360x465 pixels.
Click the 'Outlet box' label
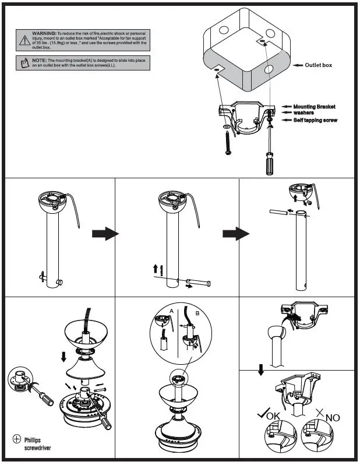[x=318, y=65]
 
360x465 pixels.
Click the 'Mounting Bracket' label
[x=314, y=107]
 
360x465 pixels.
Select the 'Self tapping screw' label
[x=315, y=120]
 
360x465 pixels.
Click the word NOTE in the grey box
[x=39, y=60]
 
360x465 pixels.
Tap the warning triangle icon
[x=24, y=40]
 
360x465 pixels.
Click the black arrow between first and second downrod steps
[x=105, y=234]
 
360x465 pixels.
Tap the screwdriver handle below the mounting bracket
[x=270, y=164]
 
